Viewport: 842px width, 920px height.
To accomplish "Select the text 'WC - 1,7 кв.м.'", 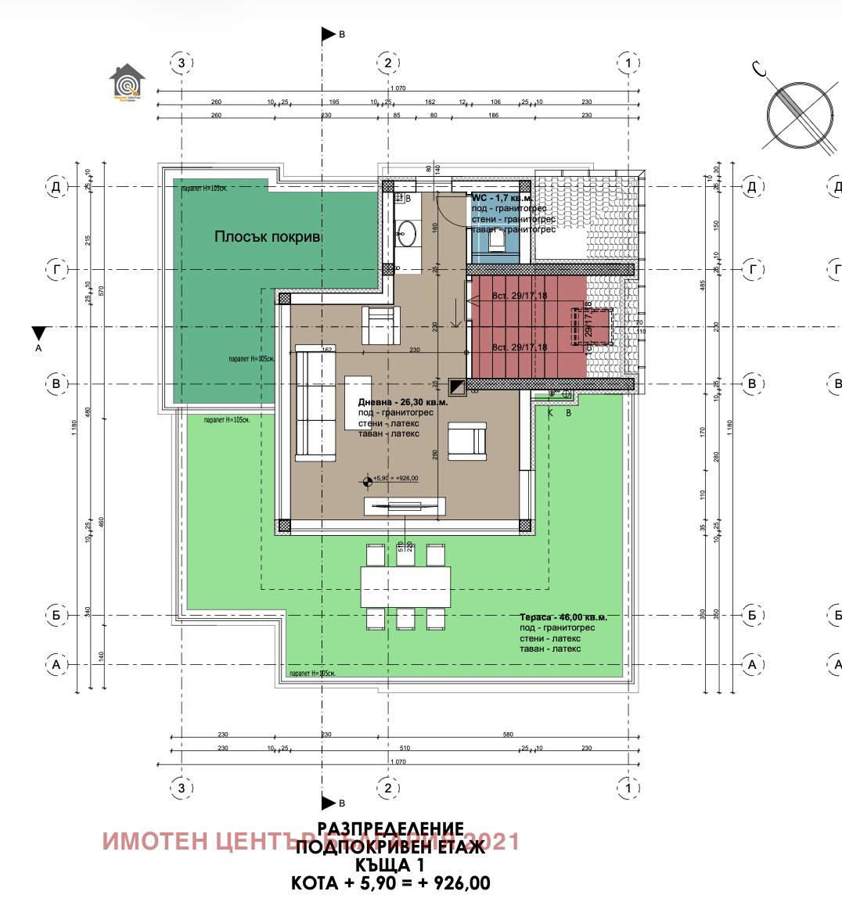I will coord(502,199).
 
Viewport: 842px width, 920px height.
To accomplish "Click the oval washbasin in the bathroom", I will coord(406,231).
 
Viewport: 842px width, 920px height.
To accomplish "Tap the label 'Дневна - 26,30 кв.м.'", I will coord(403,402).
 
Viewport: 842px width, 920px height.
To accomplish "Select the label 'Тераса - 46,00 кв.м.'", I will coord(563,617).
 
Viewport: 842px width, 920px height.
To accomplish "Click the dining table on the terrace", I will coord(405,586).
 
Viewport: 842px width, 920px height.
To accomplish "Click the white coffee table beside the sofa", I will coord(358,402).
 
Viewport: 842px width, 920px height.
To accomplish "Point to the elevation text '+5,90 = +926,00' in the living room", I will coord(396,479).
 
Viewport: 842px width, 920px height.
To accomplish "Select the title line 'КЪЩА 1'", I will coord(390,865).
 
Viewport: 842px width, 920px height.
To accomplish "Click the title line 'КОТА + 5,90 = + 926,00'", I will coord(390,884).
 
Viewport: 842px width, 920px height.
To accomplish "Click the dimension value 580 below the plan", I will coord(508,735).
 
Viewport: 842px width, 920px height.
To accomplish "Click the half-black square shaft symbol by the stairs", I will coord(457,386).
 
